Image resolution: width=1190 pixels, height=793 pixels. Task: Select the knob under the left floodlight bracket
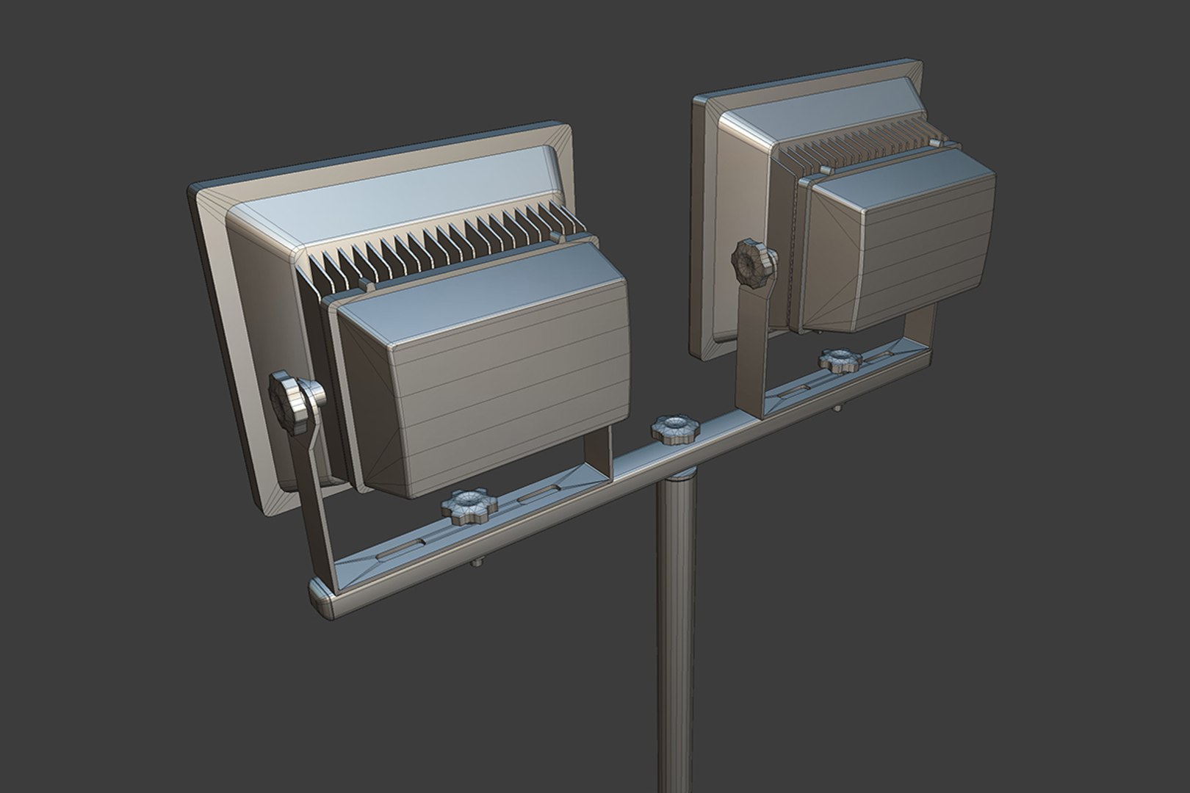point(468,507)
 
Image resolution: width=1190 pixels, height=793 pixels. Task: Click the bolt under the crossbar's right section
point(838,408)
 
